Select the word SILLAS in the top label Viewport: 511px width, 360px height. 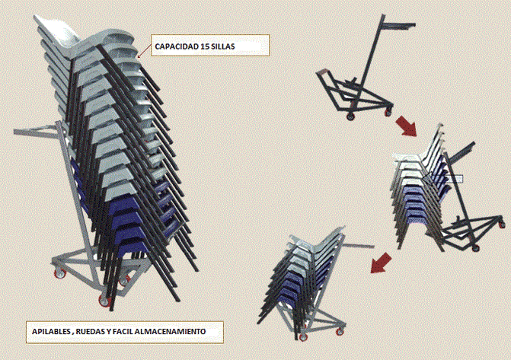click(x=223, y=46)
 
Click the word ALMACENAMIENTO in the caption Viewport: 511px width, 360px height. click(x=170, y=332)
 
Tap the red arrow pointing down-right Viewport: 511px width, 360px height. click(x=406, y=126)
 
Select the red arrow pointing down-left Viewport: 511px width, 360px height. click(x=381, y=263)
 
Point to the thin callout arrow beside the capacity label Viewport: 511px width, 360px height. click(x=145, y=51)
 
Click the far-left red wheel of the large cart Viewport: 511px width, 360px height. click(x=60, y=273)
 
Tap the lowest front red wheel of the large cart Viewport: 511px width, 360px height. click(x=104, y=301)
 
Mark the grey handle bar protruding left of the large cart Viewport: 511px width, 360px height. click(x=36, y=130)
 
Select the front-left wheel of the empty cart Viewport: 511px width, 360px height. click(x=350, y=116)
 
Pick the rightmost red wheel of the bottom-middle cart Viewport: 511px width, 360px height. click(x=340, y=332)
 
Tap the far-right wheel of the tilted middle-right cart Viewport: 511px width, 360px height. click(x=502, y=224)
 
